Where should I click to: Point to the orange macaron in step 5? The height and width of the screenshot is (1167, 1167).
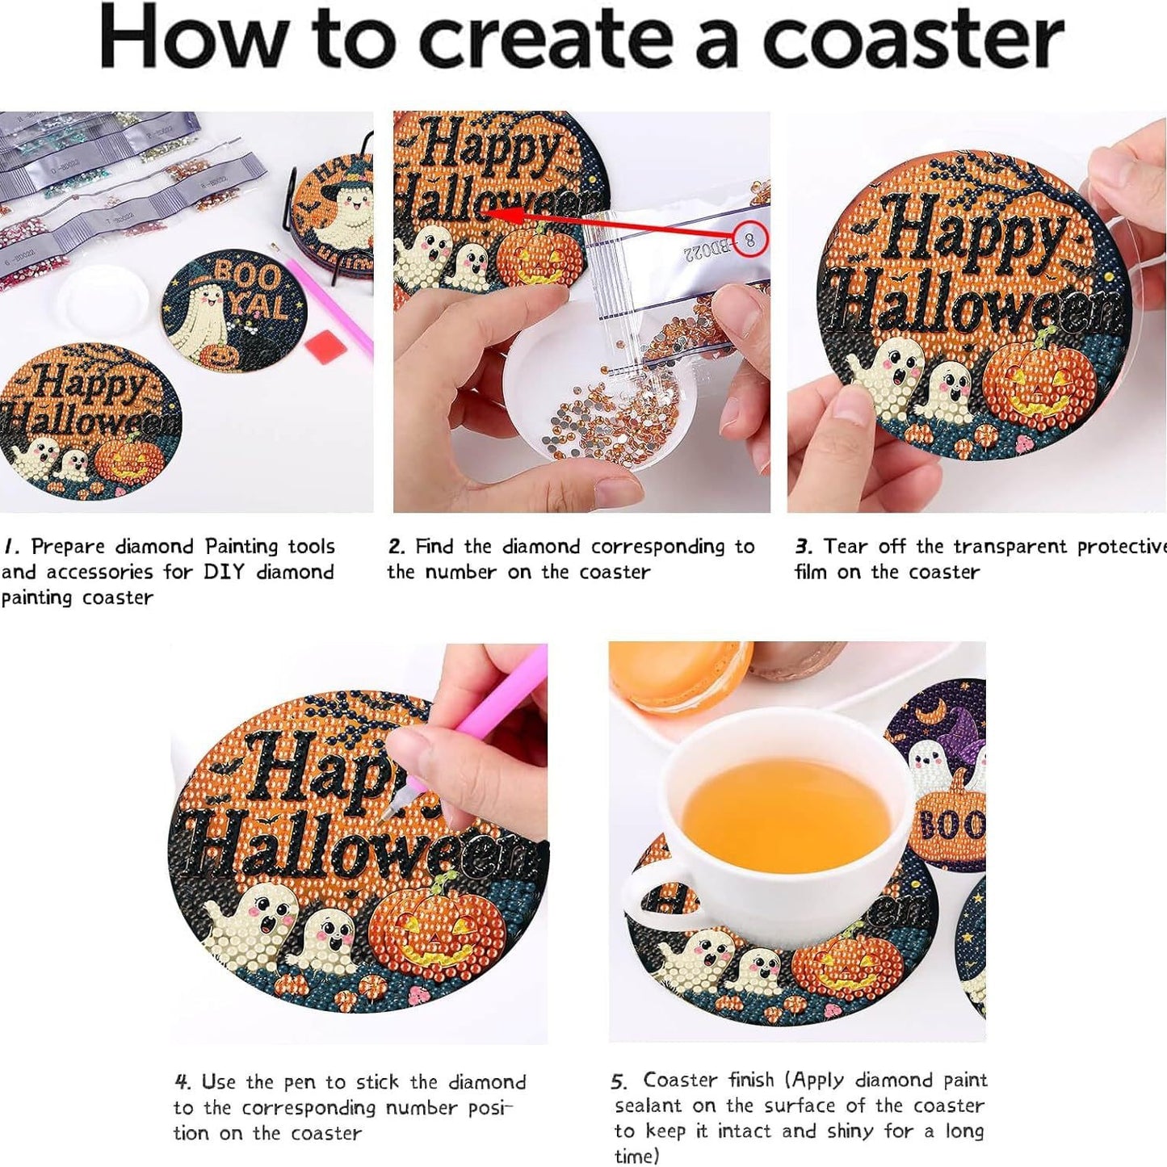[x=678, y=674]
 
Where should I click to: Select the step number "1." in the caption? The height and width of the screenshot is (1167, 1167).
[x=11, y=547]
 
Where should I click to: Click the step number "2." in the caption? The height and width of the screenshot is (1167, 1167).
[x=397, y=547]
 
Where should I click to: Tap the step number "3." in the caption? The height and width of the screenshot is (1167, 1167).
[x=803, y=547]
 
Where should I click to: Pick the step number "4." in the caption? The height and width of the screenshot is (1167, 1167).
[x=183, y=1081]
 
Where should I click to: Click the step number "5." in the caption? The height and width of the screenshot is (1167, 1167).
[x=619, y=1081]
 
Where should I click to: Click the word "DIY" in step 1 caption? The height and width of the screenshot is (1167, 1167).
[x=224, y=572]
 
